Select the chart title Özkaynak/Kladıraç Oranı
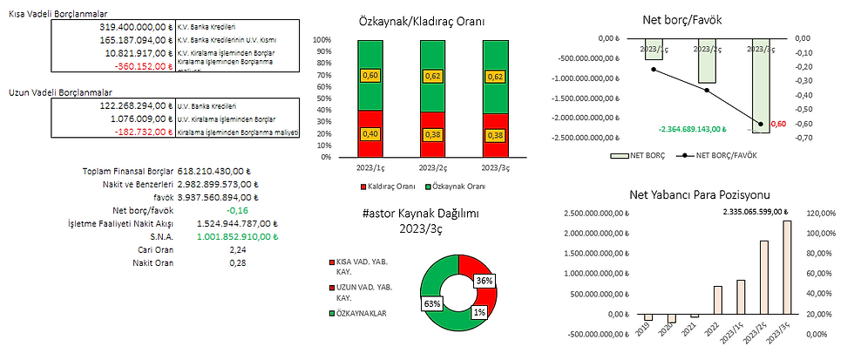tap(423, 21)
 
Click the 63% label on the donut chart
tap(431, 303)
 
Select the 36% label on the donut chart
tap(484, 281)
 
